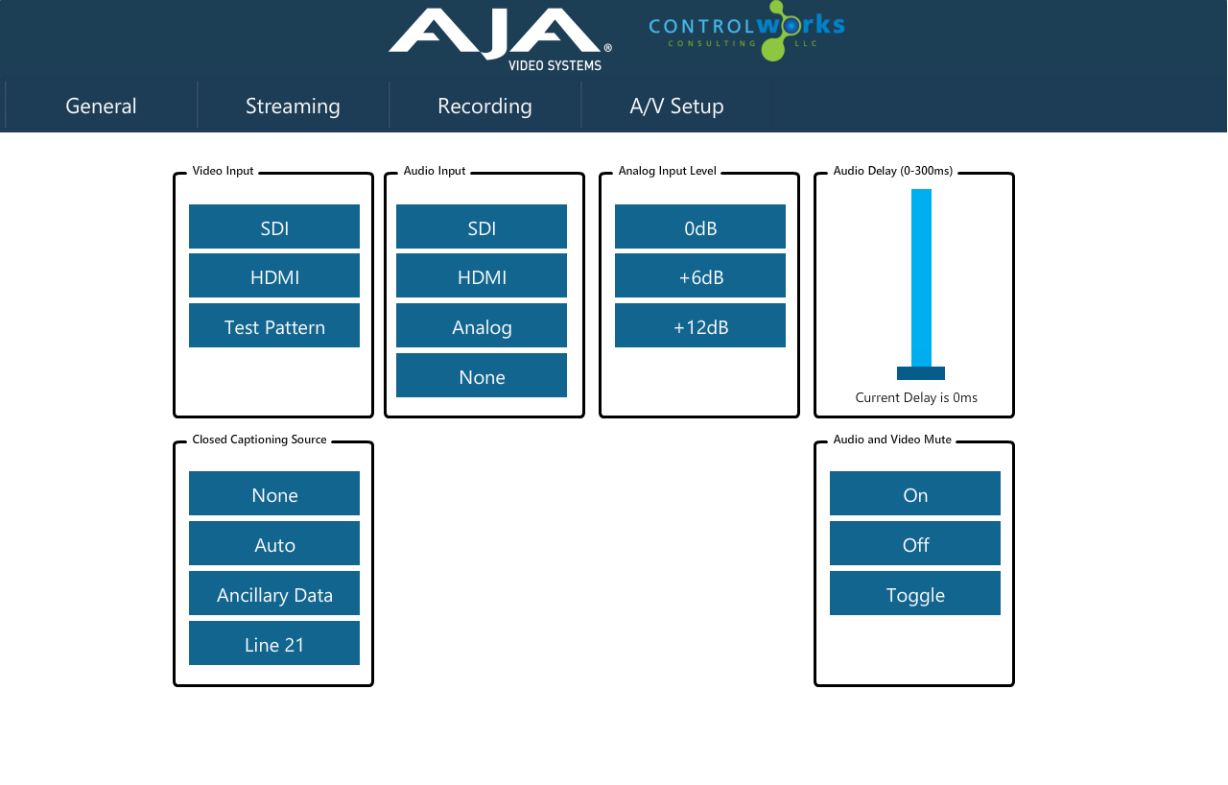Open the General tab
[x=101, y=106]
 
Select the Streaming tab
[x=293, y=106]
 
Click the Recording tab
[x=484, y=106]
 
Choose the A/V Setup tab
[x=676, y=106]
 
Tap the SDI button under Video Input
[x=274, y=226]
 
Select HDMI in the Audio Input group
[x=482, y=275]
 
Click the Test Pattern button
[x=274, y=325]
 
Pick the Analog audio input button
[x=482, y=325]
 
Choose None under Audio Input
[x=482, y=375]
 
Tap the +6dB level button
[x=700, y=275]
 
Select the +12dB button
[x=700, y=325]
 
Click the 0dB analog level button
[x=700, y=226]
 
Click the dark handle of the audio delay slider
[x=921, y=373]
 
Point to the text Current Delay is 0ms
[x=916, y=397]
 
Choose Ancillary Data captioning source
[x=274, y=593]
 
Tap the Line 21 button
[x=274, y=643]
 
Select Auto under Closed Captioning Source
[x=274, y=543]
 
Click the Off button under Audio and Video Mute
[x=915, y=543]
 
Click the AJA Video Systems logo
[x=500, y=39]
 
